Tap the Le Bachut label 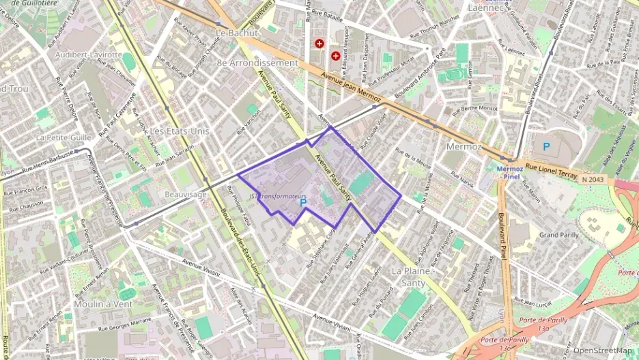[x=238, y=33]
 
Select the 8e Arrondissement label [x=257, y=63]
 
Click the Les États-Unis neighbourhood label [x=180, y=130]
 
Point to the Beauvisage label [x=186, y=195]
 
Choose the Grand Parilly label [x=559, y=234]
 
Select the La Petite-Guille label [x=63, y=137]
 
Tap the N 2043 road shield [x=594, y=179]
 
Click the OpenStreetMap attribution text [x=602, y=350]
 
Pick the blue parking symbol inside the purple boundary [x=303, y=203]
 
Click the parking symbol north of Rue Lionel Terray [x=545, y=146]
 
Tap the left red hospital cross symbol [x=319, y=44]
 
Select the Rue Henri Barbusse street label [x=47, y=165]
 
